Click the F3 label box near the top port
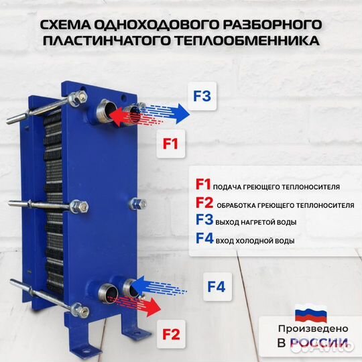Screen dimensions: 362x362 coord(202,97)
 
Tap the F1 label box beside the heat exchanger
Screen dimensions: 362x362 coord(171,143)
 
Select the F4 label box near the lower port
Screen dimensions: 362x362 coord(216,287)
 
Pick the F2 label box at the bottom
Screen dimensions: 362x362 coord(170,331)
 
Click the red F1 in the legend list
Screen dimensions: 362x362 coord(203,185)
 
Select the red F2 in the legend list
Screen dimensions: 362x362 coord(204,203)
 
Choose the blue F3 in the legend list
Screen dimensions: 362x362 coord(204,221)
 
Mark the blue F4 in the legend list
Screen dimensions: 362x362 coord(205,239)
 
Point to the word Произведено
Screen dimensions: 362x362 coord(312,328)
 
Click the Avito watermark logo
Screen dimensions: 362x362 coord(322,344)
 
